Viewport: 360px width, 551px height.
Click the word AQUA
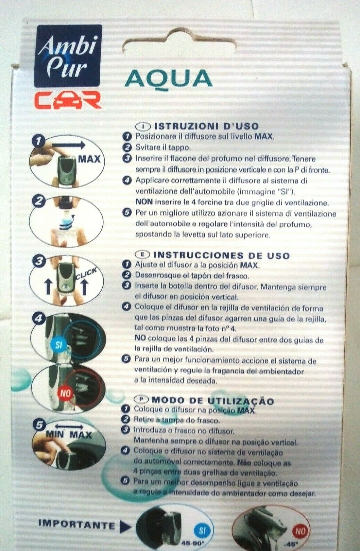[x=168, y=79]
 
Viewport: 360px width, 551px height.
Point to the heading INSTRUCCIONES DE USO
[x=221, y=255]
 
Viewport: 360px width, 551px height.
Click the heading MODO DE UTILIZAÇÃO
[x=212, y=401]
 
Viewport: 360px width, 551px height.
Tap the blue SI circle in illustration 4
[x=58, y=345]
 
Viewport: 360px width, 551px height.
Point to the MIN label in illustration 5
[x=55, y=434]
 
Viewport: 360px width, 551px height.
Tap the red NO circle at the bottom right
[x=300, y=531]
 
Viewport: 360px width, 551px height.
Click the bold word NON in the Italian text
[x=144, y=202]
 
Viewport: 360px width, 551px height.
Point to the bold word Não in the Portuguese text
[x=244, y=463]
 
